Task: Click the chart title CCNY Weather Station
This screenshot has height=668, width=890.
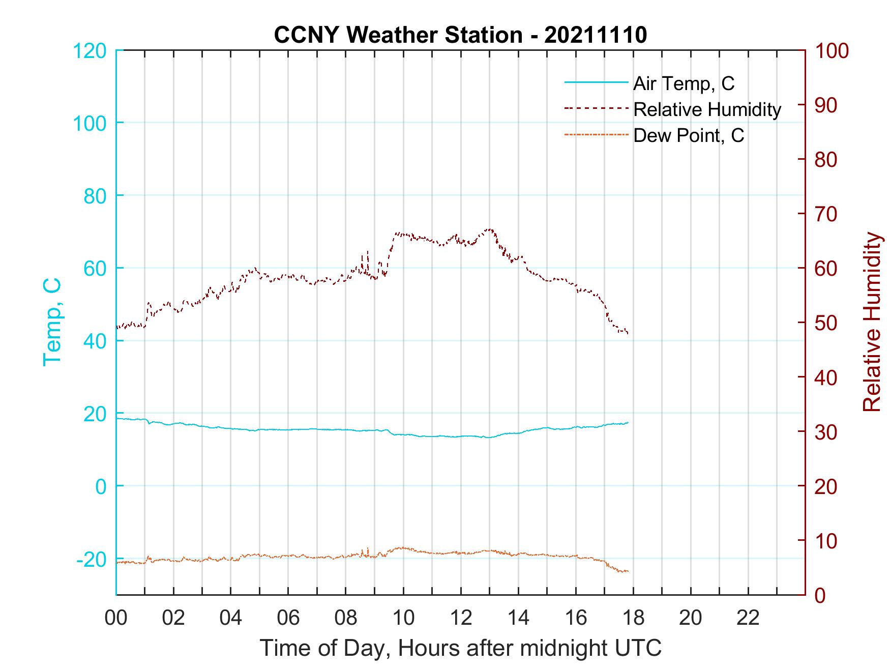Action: (x=460, y=35)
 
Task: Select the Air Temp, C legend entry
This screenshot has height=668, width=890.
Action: (x=684, y=83)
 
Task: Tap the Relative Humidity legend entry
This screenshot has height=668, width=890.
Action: (x=707, y=109)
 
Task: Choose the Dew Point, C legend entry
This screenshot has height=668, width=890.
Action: (x=689, y=136)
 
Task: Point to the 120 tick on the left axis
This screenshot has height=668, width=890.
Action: (x=90, y=51)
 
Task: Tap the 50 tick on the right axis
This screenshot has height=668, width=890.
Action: (x=826, y=323)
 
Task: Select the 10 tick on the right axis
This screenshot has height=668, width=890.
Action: (x=826, y=541)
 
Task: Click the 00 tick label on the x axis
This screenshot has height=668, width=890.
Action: (x=116, y=618)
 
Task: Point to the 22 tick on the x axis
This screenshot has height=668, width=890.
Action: (x=748, y=618)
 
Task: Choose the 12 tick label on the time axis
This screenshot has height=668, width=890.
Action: (x=461, y=618)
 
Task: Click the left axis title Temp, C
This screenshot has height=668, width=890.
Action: (x=52, y=322)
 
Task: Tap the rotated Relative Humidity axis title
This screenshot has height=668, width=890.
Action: (x=872, y=322)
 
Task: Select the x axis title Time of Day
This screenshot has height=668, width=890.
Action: (x=461, y=648)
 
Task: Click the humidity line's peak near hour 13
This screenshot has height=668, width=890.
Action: (x=489, y=229)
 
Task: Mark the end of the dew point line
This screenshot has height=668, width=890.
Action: (x=628, y=571)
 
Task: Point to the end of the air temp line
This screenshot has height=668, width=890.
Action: (x=628, y=422)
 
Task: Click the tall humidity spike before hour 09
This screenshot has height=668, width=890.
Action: (x=368, y=251)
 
